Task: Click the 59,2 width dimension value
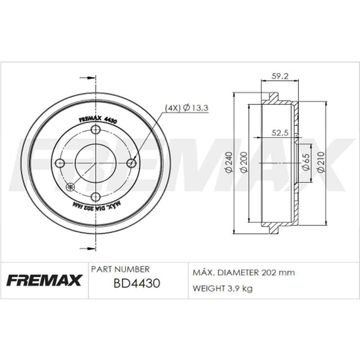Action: [x=280, y=76]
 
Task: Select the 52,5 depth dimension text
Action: [x=280, y=133]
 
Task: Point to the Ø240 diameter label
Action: [x=229, y=162]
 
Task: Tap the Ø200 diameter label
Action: [x=244, y=162]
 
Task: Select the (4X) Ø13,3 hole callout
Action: [x=186, y=107]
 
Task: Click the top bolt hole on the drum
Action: [x=96, y=130]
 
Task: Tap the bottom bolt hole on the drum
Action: [x=96, y=197]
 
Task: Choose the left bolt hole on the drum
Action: [x=60, y=163]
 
